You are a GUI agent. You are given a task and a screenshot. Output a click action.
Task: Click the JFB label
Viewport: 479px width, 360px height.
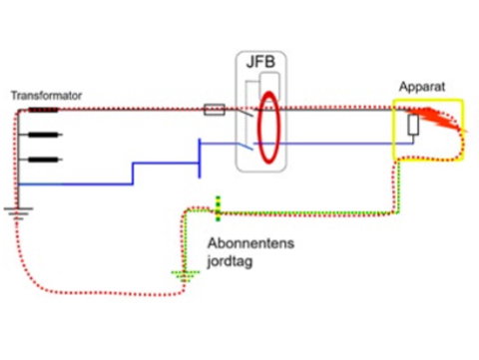click(x=260, y=62)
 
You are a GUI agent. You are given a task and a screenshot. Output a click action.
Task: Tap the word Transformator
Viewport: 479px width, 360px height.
click(x=46, y=96)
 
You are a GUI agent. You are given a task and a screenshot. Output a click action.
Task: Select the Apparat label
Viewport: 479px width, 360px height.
click(x=422, y=87)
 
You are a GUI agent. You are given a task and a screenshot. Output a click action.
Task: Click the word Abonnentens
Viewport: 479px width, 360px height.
click(x=250, y=243)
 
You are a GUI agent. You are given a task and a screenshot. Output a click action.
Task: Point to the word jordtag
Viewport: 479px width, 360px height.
click(x=230, y=261)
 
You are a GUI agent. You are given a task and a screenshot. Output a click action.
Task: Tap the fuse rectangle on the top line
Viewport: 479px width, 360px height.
click(x=215, y=110)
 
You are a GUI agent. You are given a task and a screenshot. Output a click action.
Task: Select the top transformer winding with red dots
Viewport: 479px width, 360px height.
click(x=43, y=110)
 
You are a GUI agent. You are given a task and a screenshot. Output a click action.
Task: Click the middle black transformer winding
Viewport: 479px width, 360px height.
click(x=45, y=135)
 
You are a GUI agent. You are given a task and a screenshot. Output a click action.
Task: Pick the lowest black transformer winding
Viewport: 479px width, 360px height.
click(x=45, y=160)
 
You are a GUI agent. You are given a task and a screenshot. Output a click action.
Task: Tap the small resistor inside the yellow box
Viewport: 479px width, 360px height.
click(x=413, y=125)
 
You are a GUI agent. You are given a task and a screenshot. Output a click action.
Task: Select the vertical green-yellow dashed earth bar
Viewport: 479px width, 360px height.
click(x=218, y=208)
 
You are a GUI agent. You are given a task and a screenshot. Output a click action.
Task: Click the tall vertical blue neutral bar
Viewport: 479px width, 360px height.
click(x=200, y=159)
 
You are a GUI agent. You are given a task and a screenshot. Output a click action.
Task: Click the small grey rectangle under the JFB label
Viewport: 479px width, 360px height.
click(x=269, y=86)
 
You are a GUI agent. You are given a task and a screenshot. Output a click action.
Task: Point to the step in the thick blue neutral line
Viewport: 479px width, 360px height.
click(x=133, y=174)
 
